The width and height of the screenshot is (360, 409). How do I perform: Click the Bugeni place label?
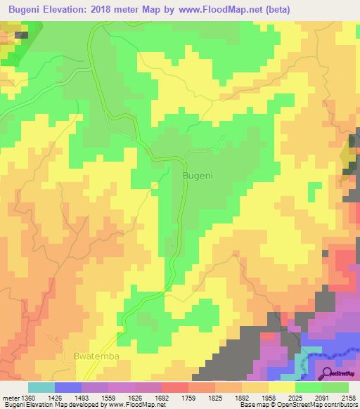pos(198,175)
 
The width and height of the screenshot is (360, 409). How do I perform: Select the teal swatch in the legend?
pos(41,388)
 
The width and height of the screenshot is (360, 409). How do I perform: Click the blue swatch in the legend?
pos(67,388)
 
